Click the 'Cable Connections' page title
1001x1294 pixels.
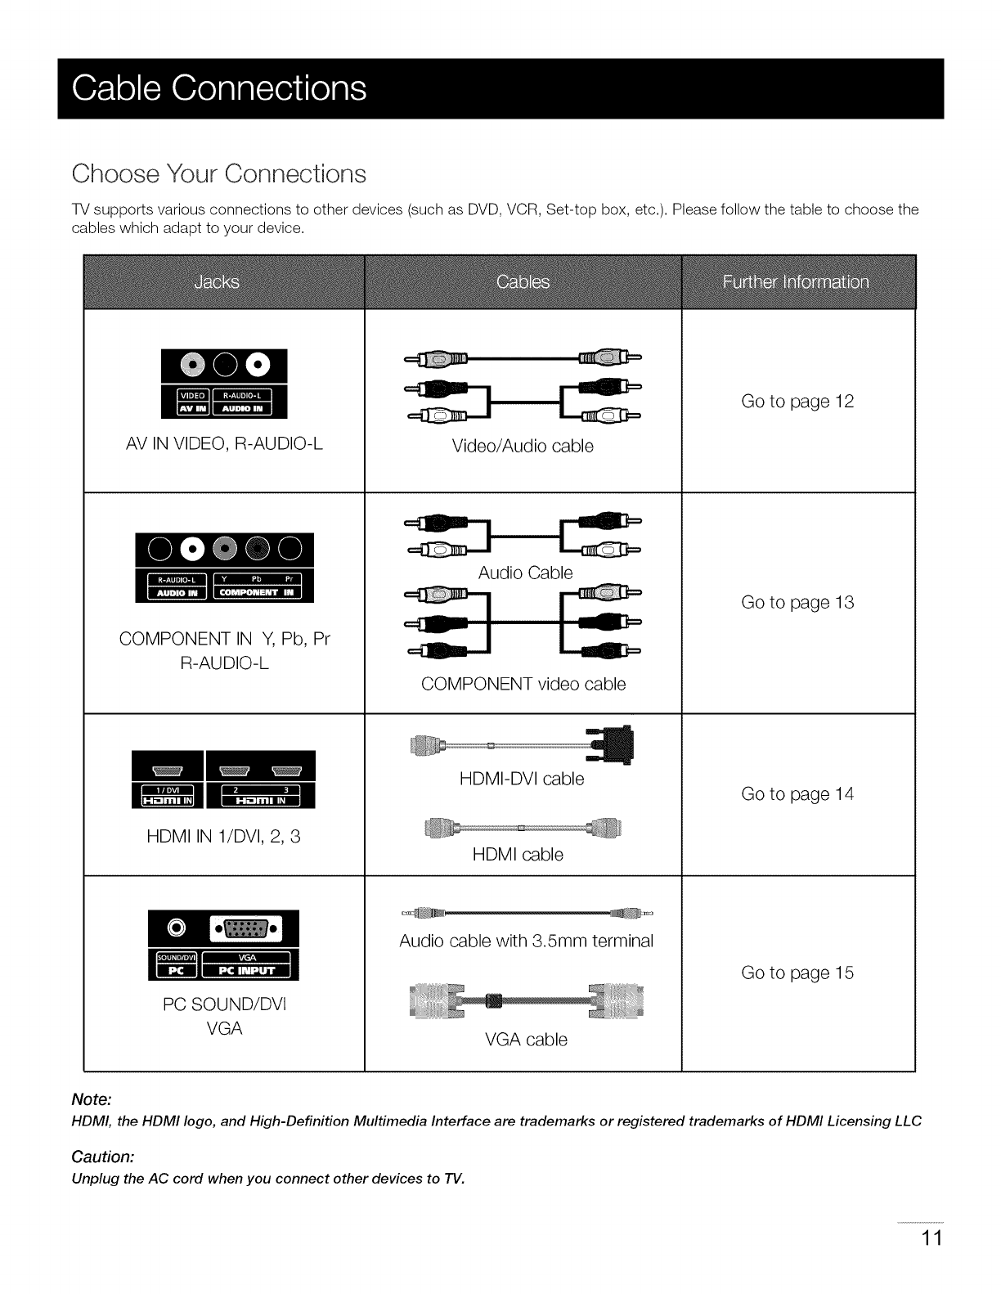pyautogui.click(x=219, y=88)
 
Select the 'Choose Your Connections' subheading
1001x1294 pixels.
pyautogui.click(x=218, y=174)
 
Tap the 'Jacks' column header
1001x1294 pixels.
pyautogui.click(x=218, y=282)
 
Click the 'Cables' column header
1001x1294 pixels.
pyautogui.click(x=523, y=282)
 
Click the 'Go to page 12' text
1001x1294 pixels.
pyautogui.click(x=797, y=402)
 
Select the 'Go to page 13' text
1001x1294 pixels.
pyautogui.click(x=797, y=603)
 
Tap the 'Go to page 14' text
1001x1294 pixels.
pyautogui.click(x=797, y=794)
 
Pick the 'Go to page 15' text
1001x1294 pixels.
pyautogui.click(x=797, y=973)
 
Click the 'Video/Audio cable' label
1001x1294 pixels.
pyautogui.click(x=523, y=447)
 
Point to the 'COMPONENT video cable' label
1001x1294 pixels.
pyautogui.click(x=523, y=684)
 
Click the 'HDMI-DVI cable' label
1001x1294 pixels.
pyautogui.click(x=522, y=780)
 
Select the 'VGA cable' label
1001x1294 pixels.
pyautogui.click(x=526, y=1040)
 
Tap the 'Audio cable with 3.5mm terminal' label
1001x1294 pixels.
pyautogui.click(x=527, y=941)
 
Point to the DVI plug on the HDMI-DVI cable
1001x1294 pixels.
pyautogui.click(x=618, y=745)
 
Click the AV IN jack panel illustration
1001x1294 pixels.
pyautogui.click(x=225, y=382)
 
